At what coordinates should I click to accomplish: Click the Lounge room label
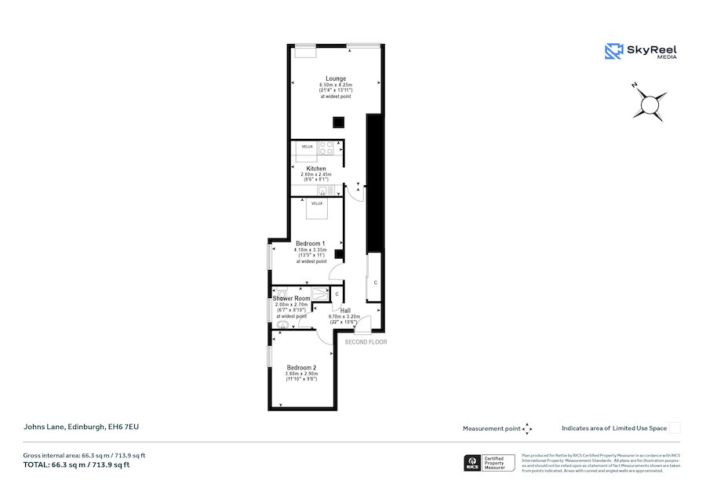[336, 78]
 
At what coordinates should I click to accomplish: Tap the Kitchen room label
[316, 169]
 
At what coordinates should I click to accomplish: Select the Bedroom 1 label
[311, 244]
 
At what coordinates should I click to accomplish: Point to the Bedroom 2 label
[301, 367]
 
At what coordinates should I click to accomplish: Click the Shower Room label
[291, 299]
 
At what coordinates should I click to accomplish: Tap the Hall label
[345, 310]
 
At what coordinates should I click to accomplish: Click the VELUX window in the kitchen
[307, 147]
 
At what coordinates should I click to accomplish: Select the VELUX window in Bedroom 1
[317, 203]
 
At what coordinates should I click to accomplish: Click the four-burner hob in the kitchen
[327, 147]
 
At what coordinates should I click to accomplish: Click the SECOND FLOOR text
[366, 342]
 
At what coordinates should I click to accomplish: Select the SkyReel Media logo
[641, 52]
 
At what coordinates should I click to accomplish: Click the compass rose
[650, 103]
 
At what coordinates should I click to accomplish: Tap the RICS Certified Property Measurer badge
[491, 463]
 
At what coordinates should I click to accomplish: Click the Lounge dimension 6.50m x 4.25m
[336, 85]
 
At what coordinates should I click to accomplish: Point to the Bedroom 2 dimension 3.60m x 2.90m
[301, 373]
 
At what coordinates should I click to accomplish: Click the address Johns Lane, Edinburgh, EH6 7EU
[81, 427]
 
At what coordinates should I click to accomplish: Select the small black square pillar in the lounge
[337, 122]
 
